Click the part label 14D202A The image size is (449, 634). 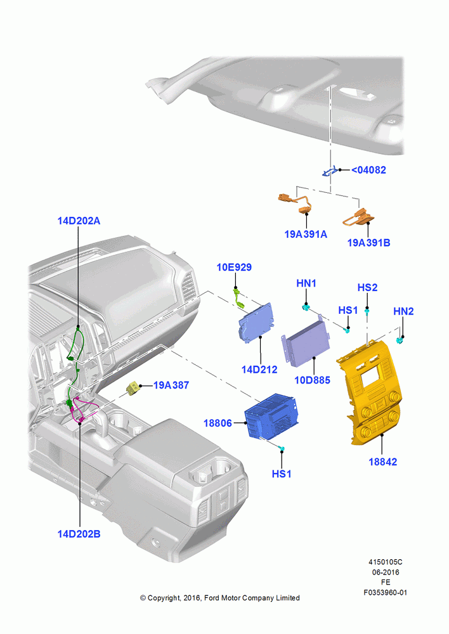(x=79, y=221)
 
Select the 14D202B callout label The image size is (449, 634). (x=79, y=534)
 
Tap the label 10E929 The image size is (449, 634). (x=234, y=268)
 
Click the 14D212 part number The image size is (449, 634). (x=259, y=369)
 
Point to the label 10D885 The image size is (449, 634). (x=312, y=380)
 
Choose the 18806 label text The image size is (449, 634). (x=218, y=423)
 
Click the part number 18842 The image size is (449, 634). (x=382, y=462)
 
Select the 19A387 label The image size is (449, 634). (x=171, y=385)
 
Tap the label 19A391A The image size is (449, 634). (x=306, y=234)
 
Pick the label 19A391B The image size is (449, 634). (x=369, y=243)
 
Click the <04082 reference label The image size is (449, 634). (x=368, y=170)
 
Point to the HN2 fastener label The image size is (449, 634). (x=403, y=311)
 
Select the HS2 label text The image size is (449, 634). (x=367, y=287)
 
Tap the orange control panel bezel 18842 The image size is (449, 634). (x=370, y=392)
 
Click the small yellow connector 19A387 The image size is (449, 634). (x=133, y=388)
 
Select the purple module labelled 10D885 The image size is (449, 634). (x=306, y=344)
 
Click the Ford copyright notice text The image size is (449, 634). (x=219, y=598)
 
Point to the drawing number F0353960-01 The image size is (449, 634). (x=386, y=593)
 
